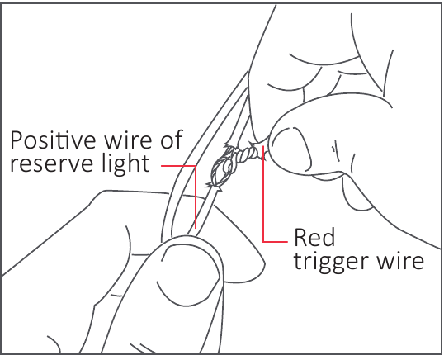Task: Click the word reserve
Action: pos(52,165)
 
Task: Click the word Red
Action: pos(314,237)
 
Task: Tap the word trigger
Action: pos(331,262)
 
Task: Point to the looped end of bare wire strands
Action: pos(222,172)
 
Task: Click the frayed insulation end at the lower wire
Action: pos(215,187)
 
